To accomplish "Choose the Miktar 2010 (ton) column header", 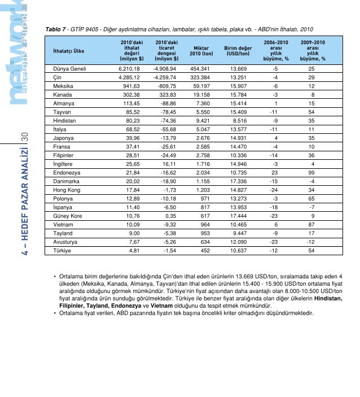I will (x=201, y=51).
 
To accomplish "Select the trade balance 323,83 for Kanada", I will (x=166, y=95).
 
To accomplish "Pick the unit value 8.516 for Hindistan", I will (x=237, y=123).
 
